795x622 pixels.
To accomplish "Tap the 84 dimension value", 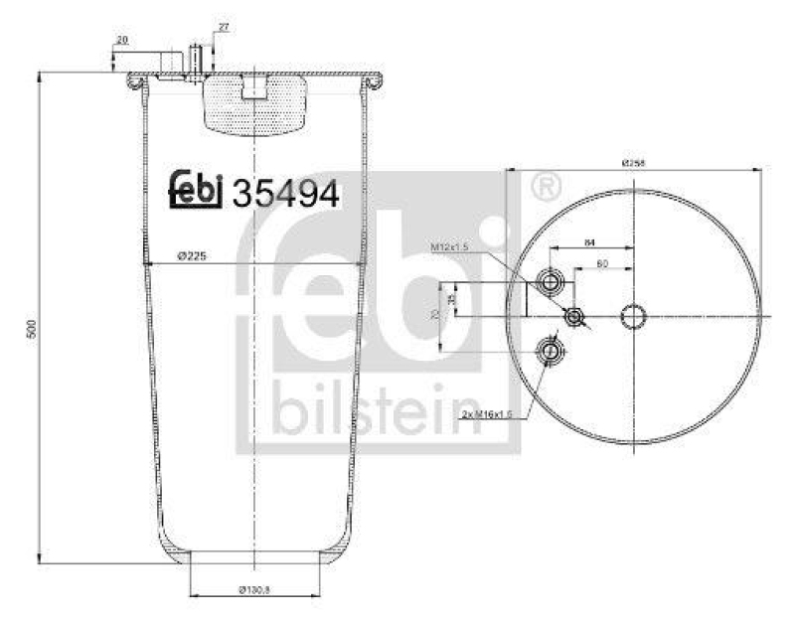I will (x=589, y=241).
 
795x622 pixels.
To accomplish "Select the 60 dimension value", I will (x=601, y=264).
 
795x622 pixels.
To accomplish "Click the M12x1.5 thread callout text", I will (x=449, y=245).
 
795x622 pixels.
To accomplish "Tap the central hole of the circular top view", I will (x=633, y=317).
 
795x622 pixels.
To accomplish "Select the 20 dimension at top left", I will (x=122, y=41).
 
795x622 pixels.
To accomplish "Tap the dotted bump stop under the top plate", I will (x=255, y=106).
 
